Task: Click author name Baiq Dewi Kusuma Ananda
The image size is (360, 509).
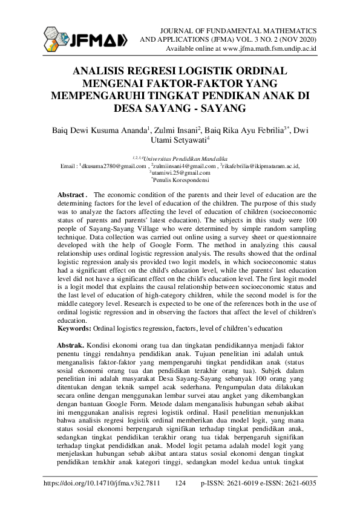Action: [100, 129]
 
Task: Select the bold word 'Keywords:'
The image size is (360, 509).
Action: [74, 328]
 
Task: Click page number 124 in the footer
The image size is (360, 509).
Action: [180, 485]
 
